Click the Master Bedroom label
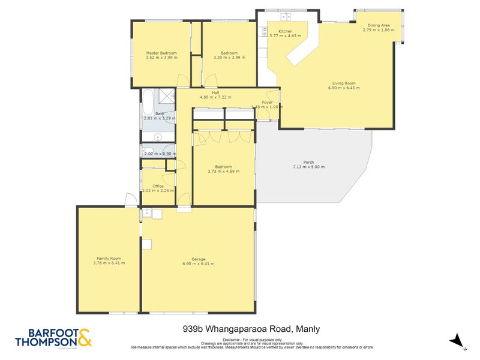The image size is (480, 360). pos(161,53)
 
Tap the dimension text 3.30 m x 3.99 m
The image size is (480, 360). pos(226,58)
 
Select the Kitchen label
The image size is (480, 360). pos(285,31)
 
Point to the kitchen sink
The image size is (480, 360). pos(262,34)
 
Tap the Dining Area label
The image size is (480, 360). pos(379,25)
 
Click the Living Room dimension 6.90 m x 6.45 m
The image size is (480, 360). pos(344,88)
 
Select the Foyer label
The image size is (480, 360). pos(267,102)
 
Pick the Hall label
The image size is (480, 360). pos(215,92)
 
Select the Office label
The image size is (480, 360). pos(158,186)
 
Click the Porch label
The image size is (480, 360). pos(308,162)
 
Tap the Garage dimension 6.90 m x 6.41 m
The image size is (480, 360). pos(198,263)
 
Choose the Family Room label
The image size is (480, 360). pos(109,259)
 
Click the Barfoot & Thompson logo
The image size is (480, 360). pos(53,338)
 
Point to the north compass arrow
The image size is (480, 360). pos(457,340)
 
